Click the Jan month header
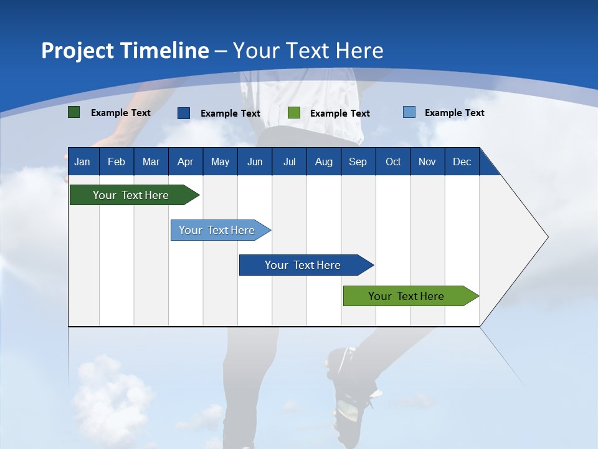[x=82, y=162]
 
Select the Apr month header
[x=185, y=162]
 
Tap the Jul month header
[x=289, y=162]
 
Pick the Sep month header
[x=358, y=162]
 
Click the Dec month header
[x=462, y=162]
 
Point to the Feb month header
[x=116, y=162]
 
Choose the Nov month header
[x=427, y=162]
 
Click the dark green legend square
[x=74, y=112]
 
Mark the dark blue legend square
[x=184, y=113]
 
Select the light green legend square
[x=294, y=113]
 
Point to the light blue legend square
[x=409, y=112]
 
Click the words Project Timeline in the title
[x=125, y=51]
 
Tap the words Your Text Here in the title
[x=308, y=51]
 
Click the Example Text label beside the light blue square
[x=454, y=113]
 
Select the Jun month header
[x=255, y=162]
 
